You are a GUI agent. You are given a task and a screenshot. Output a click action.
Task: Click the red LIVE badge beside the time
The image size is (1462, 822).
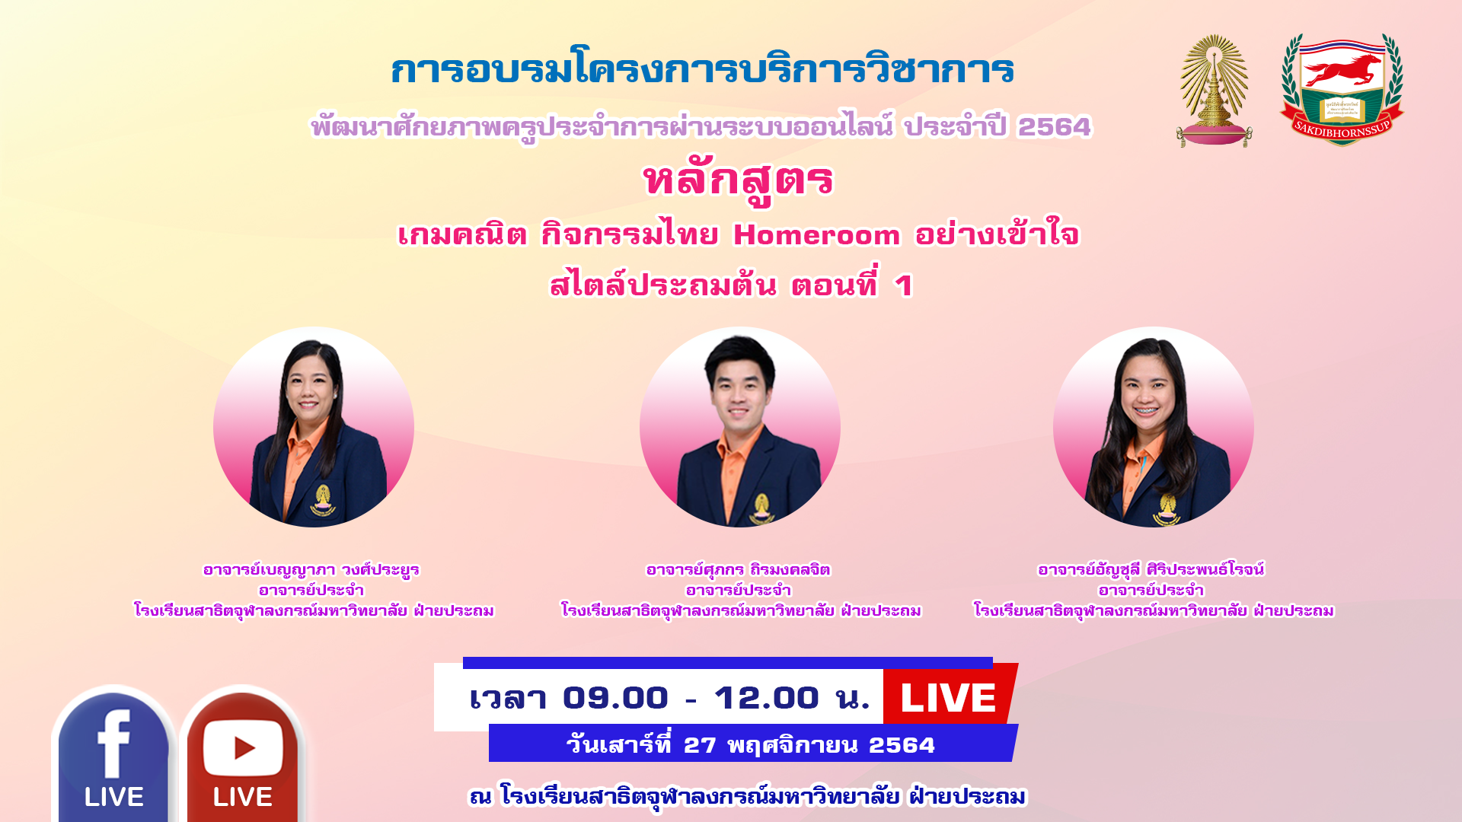pos(949,696)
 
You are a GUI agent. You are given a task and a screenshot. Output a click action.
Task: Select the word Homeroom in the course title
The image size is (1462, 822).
pos(816,235)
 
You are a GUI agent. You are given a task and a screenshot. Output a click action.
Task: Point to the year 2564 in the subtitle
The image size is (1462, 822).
pos(1055,126)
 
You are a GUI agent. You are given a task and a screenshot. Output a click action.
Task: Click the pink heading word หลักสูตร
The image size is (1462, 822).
pos(738,181)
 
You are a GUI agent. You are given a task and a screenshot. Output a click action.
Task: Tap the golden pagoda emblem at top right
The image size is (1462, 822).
pos(1215,91)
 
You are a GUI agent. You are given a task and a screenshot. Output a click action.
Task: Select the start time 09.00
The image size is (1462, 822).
pos(615,698)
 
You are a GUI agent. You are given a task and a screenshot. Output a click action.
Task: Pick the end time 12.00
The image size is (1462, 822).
pos(766,698)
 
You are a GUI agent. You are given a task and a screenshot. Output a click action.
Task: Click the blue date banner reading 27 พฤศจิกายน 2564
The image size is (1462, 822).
pos(752,744)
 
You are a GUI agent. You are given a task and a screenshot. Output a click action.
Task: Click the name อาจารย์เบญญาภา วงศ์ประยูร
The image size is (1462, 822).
pos(311,569)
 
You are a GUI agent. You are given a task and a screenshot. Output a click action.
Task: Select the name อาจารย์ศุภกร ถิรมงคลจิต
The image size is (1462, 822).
pos(738,569)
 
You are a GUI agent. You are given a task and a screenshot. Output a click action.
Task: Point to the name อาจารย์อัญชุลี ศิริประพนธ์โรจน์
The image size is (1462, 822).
pos(1151,569)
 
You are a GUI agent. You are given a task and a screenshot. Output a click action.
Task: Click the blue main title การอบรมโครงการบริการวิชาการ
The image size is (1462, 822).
pos(702,70)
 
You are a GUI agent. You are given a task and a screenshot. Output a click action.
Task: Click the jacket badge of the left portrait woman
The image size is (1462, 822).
pos(323,499)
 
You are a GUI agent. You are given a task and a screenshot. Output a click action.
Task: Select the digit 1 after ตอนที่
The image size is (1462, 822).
pos(904,286)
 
